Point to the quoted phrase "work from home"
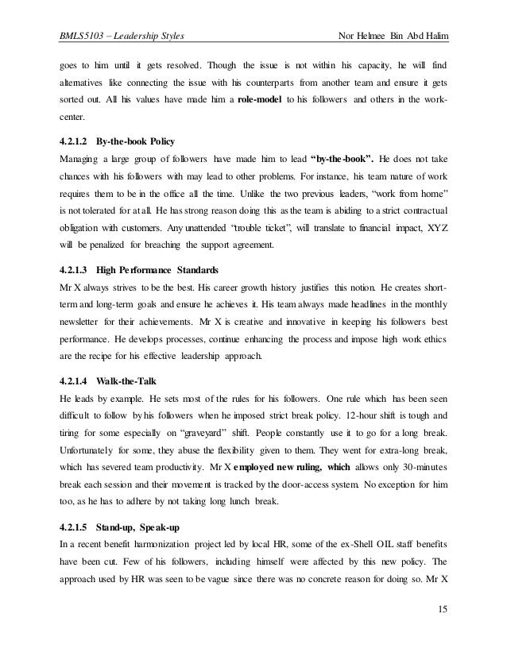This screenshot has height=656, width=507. pyautogui.click(x=413, y=195)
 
